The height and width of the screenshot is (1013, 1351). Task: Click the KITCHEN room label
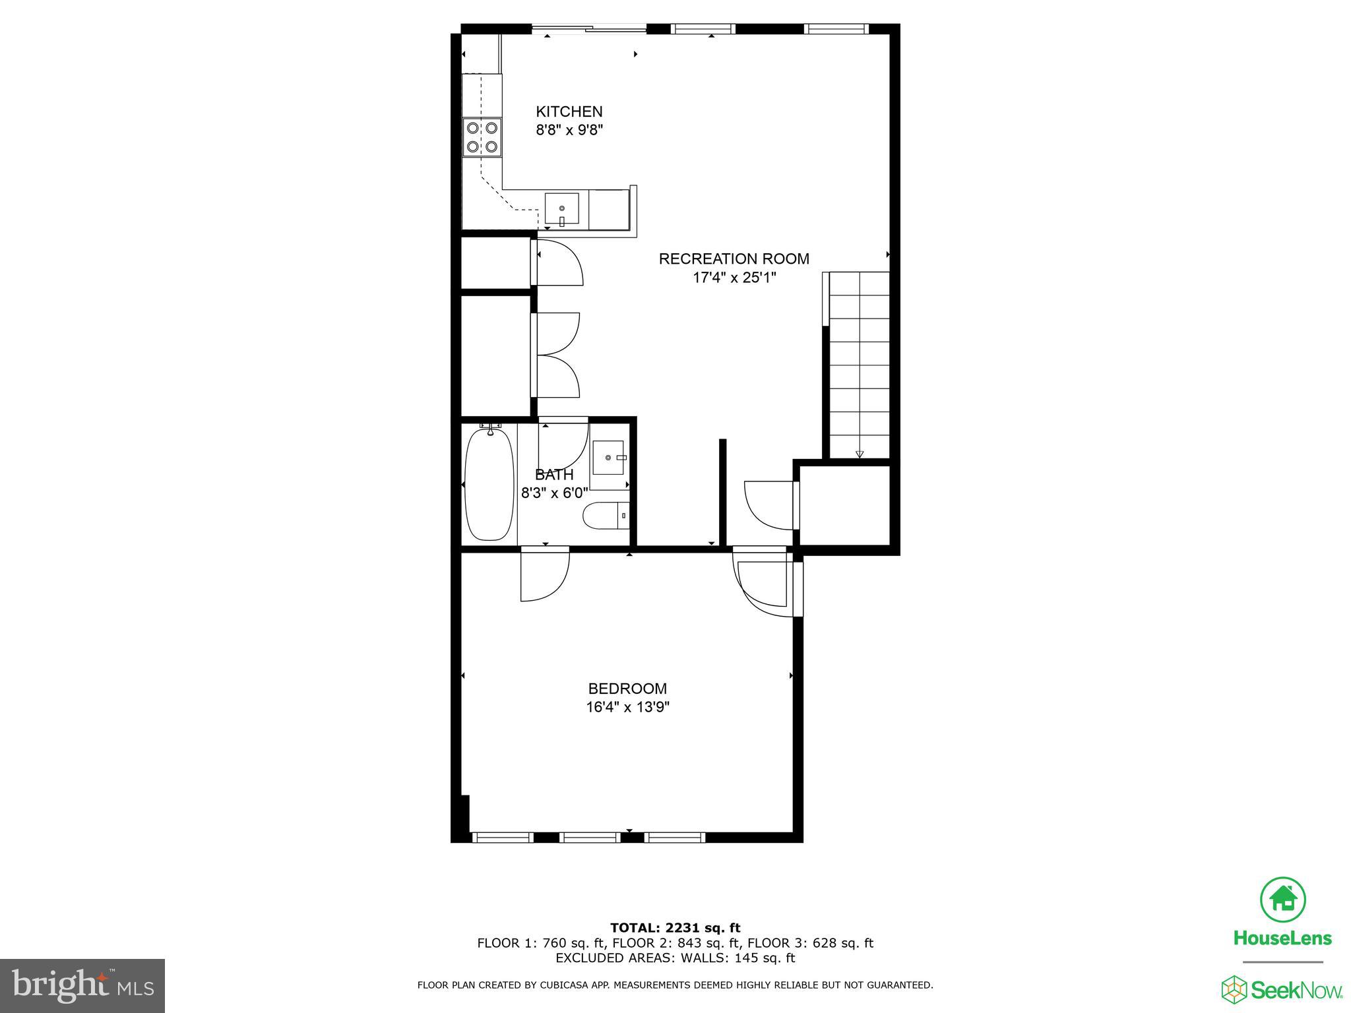[x=569, y=111]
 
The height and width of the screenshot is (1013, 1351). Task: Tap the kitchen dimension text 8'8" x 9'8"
[x=569, y=130]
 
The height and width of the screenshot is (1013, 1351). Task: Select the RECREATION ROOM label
[x=734, y=259]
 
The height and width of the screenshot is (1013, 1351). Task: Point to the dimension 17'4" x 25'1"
[x=734, y=277]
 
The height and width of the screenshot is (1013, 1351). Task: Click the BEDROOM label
[x=627, y=689]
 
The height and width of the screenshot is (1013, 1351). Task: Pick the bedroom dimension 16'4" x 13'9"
[x=627, y=708]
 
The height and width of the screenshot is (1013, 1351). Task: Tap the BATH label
[x=554, y=474]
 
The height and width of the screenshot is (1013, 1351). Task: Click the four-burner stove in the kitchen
[x=482, y=137]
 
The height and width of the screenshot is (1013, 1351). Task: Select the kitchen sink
[x=561, y=210]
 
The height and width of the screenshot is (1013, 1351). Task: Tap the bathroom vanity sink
[x=608, y=458]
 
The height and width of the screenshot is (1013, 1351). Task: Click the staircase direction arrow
[x=860, y=454]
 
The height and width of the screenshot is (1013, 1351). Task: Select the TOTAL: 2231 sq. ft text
[x=675, y=928]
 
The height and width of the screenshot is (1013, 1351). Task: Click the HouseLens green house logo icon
[x=1283, y=899]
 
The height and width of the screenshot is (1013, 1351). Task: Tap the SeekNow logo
[x=1282, y=990]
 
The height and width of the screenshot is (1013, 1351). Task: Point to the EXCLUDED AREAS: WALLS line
[x=675, y=958]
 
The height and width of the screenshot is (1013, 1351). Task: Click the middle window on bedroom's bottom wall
[x=590, y=837]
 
